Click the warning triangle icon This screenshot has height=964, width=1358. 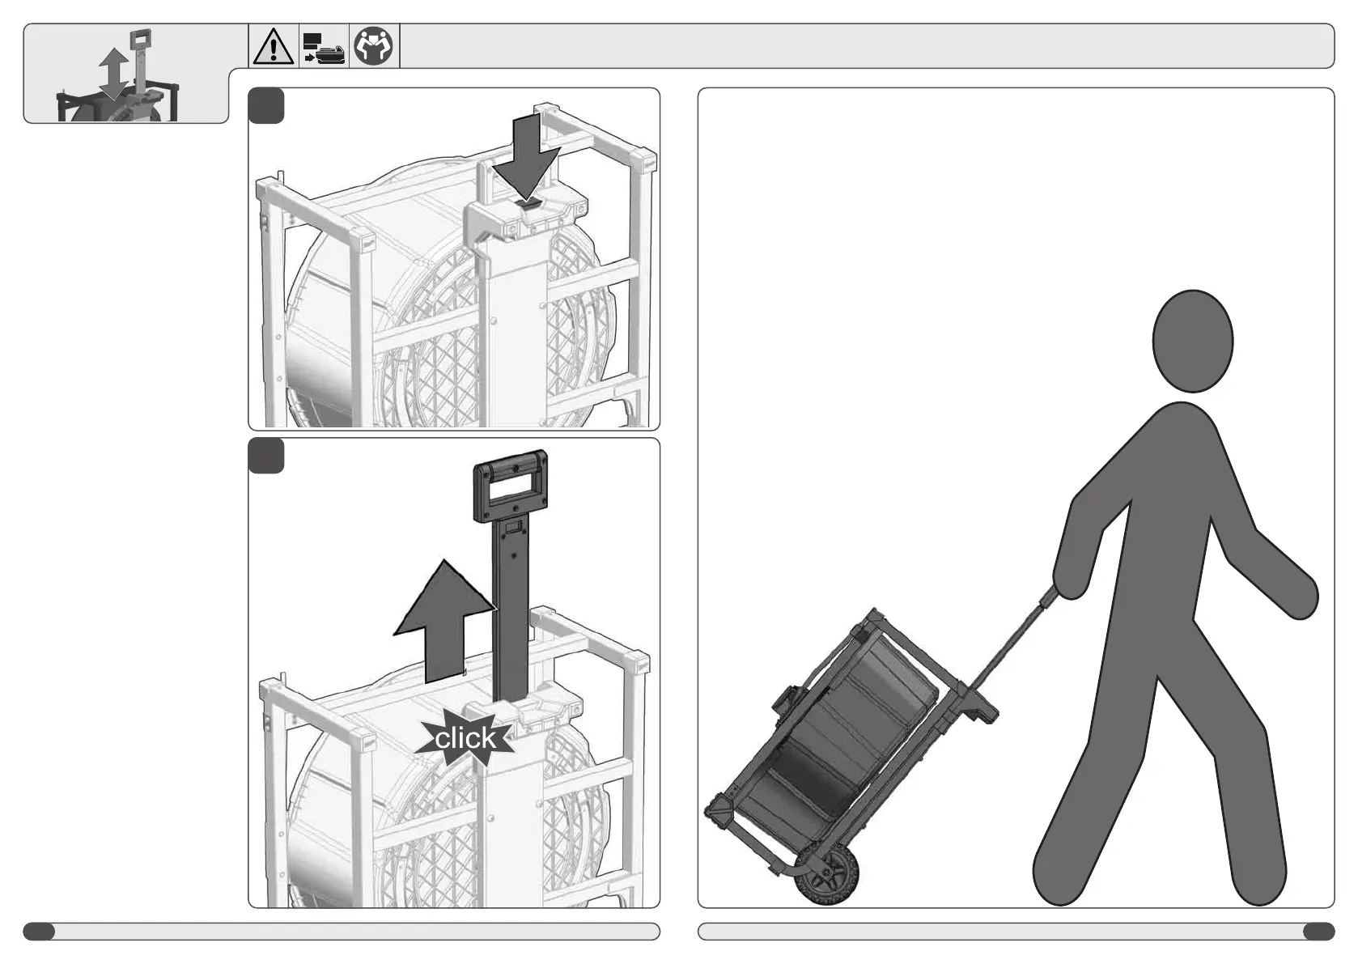pos(274,46)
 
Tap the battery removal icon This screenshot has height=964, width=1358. pos(324,47)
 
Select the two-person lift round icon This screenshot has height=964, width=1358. pos(373,45)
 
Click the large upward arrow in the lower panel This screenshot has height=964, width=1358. pos(444,622)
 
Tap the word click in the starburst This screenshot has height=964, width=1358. pos(465,738)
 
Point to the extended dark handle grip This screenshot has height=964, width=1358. pos(511,485)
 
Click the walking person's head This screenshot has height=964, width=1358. pos(1192,341)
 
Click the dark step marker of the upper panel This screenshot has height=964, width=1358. pos(266,106)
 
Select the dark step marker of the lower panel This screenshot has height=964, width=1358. pos(266,456)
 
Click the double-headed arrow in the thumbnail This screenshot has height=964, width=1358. pos(114,74)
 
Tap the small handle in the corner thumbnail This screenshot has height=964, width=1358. pos(141,40)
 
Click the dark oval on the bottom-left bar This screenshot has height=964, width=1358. pos(39,932)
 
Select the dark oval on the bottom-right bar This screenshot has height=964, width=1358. pos(1318,932)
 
